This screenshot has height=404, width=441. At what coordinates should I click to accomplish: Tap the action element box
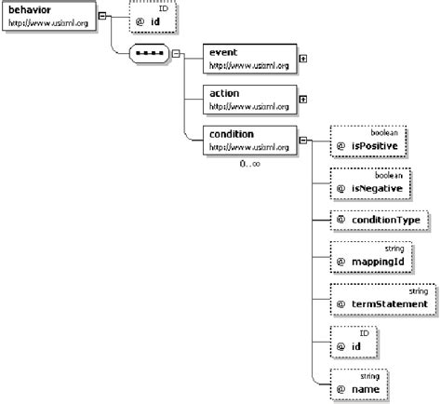[x=248, y=99]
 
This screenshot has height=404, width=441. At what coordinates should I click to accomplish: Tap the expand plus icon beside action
[x=304, y=98]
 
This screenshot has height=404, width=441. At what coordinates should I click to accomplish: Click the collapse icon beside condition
[x=304, y=142]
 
